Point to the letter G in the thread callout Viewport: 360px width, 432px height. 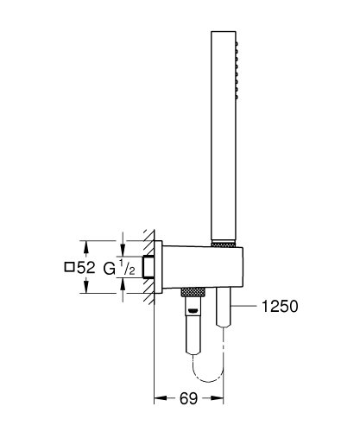pyautogui.click(x=110, y=268)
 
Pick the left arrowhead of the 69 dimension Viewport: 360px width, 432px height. pyautogui.click(x=159, y=399)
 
